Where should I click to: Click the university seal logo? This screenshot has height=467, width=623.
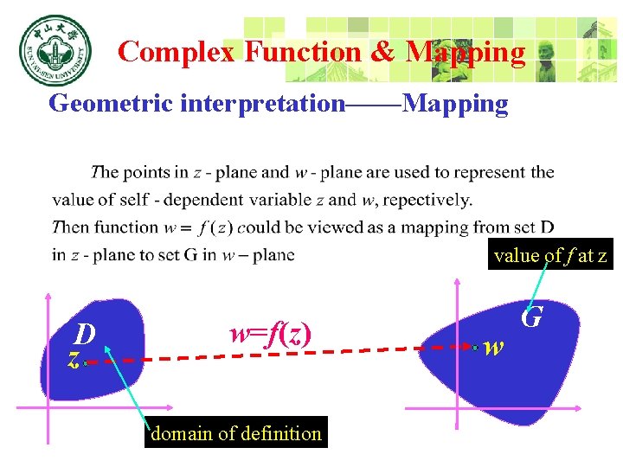click(x=53, y=52)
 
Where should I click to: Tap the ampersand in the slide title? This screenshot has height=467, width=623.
click(x=382, y=52)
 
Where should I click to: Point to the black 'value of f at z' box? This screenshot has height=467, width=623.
click(x=550, y=255)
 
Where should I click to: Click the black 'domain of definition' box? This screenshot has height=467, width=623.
click(x=235, y=433)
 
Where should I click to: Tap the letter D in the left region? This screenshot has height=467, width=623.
click(x=84, y=334)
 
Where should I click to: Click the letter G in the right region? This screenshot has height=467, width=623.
click(x=531, y=317)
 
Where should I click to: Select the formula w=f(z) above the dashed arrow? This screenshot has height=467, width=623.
click(x=269, y=332)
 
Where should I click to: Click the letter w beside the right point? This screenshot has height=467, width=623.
click(x=493, y=348)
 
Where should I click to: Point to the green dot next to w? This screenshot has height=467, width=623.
click(x=476, y=348)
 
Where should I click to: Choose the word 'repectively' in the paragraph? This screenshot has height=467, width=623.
click(x=427, y=200)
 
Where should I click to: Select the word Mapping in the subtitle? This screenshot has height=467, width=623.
click(x=455, y=105)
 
